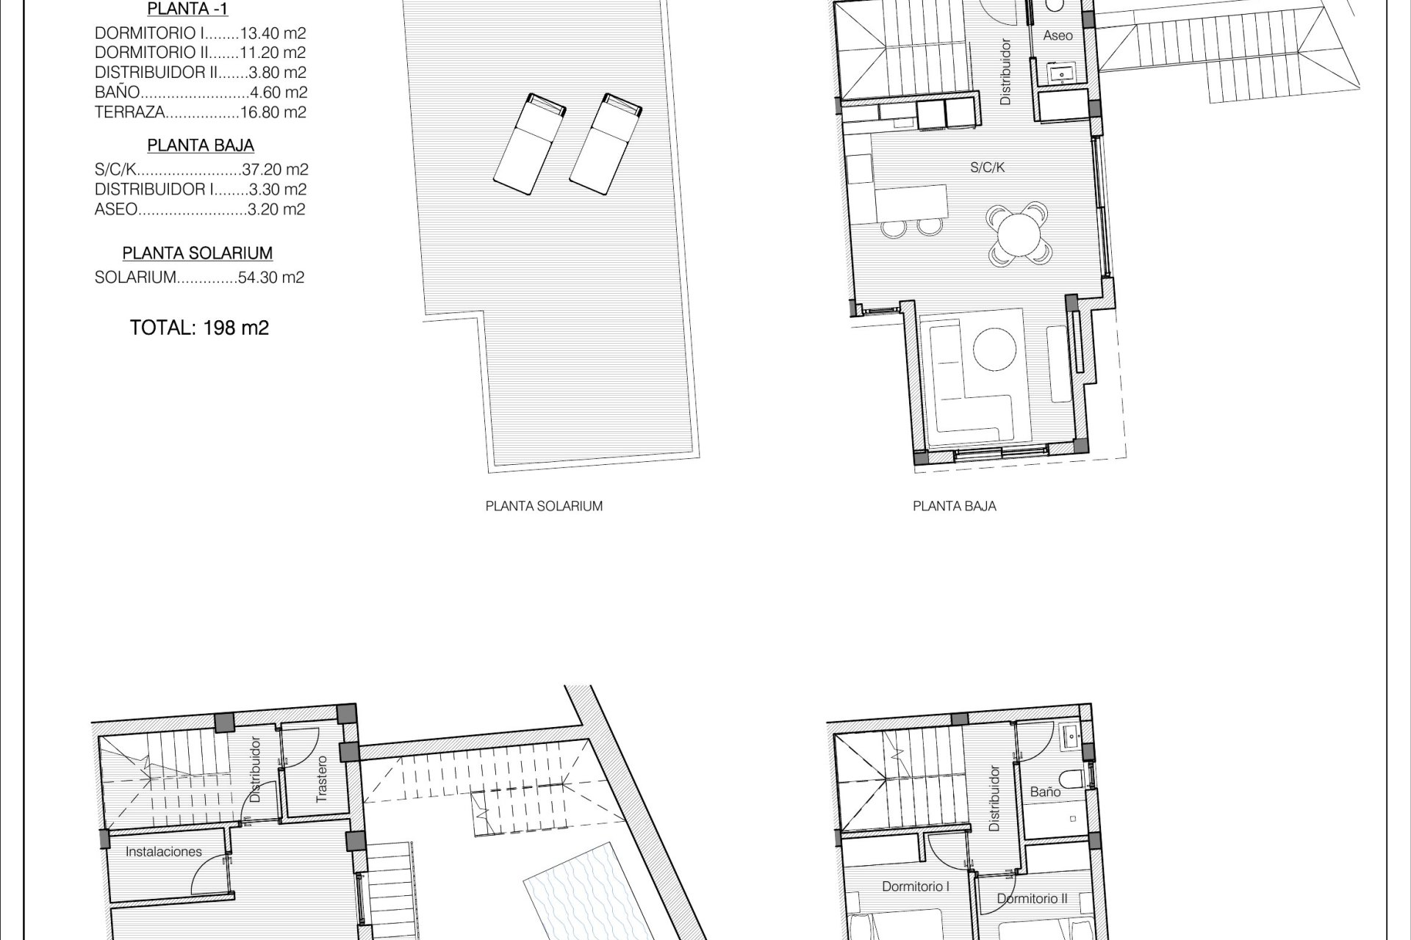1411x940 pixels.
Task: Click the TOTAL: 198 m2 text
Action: tap(199, 328)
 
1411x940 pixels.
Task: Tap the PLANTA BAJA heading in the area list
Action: tap(201, 145)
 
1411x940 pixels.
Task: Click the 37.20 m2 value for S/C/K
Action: tap(275, 170)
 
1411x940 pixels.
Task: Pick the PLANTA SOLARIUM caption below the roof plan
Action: tap(544, 506)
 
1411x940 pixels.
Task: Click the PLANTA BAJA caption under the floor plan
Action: tap(955, 506)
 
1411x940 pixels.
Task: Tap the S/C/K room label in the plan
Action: tap(988, 167)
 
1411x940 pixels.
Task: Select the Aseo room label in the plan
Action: tap(1058, 35)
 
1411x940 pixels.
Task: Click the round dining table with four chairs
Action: tap(1019, 234)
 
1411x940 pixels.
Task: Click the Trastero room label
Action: tap(321, 778)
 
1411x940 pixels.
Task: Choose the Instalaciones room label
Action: tap(164, 852)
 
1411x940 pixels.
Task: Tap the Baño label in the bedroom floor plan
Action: tap(1045, 792)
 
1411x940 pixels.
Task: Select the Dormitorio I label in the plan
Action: tap(916, 886)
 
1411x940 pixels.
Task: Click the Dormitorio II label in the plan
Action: tap(1033, 898)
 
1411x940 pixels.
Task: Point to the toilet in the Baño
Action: tap(1071, 779)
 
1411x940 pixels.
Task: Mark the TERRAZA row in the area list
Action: tap(201, 112)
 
